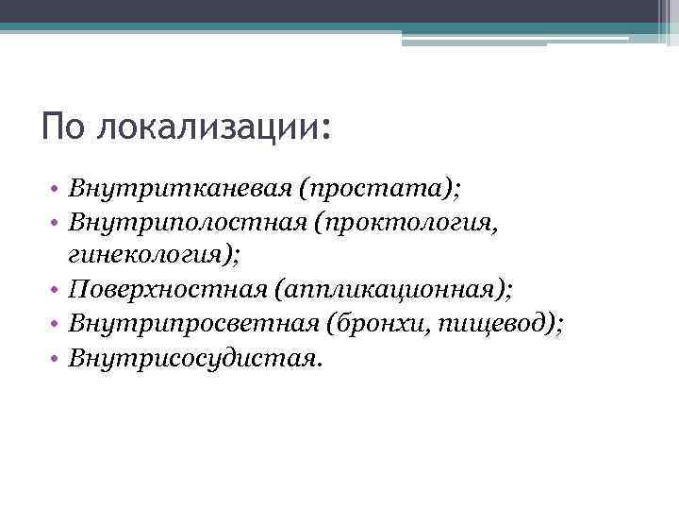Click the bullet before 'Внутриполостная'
[58, 224]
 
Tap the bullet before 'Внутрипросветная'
[58, 326]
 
